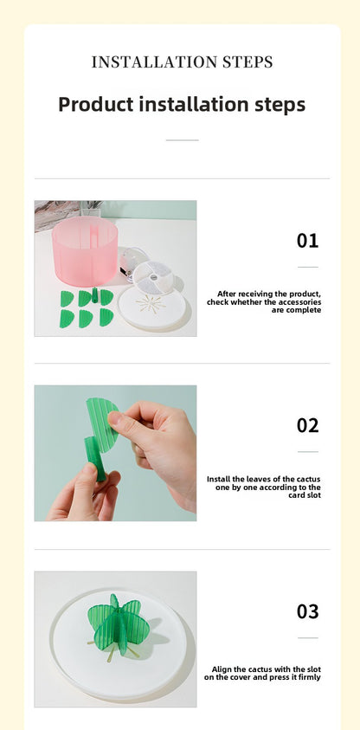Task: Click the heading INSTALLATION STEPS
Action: click(182, 62)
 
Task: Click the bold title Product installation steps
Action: click(182, 105)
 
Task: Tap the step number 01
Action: click(307, 241)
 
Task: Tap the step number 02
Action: click(307, 425)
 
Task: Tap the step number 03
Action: click(307, 611)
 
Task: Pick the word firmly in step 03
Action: click(309, 677)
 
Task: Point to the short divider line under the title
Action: click(182, 139)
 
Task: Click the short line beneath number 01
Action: click(307, 267)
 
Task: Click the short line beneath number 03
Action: click(307, 638)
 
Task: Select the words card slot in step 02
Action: click(304, 495)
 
